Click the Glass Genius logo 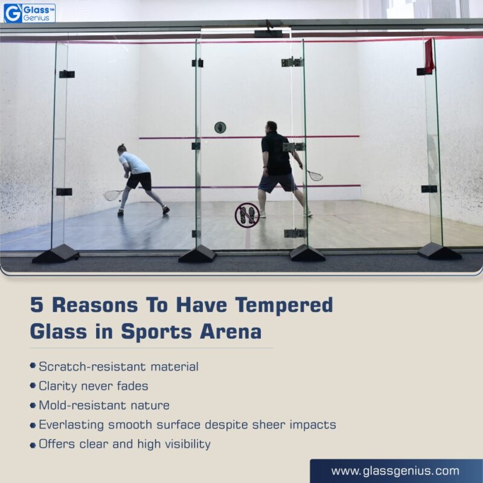click(29, 12)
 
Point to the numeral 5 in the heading click(36, 305)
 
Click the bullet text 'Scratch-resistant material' click(118, 366)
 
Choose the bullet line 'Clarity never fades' click(93, 386)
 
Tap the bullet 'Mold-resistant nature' click(104, 405)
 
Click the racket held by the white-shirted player click(112, 195)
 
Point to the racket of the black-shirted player click(314, 175)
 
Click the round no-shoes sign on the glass click(247, 215)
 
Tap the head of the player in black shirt click(271, 127)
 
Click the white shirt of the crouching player click(134, 163)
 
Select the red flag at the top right click(429, 56)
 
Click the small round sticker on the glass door click(220, 127)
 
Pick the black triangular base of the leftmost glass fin click(56, 254)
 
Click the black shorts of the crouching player click(140, 181)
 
